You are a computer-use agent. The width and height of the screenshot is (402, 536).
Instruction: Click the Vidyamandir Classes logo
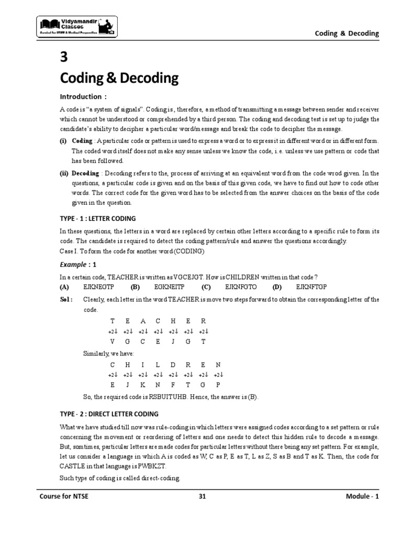coord(77,26)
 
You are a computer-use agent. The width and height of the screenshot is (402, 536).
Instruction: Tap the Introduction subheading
coord(82,97)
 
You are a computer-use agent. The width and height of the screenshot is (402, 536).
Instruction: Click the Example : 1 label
coord(77,264)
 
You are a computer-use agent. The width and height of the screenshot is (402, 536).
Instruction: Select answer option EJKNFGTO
coord(240,287)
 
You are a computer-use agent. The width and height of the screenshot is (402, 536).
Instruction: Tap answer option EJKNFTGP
coord(311,287)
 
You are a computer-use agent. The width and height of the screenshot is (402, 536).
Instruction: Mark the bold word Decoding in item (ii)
coord(85,173)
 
